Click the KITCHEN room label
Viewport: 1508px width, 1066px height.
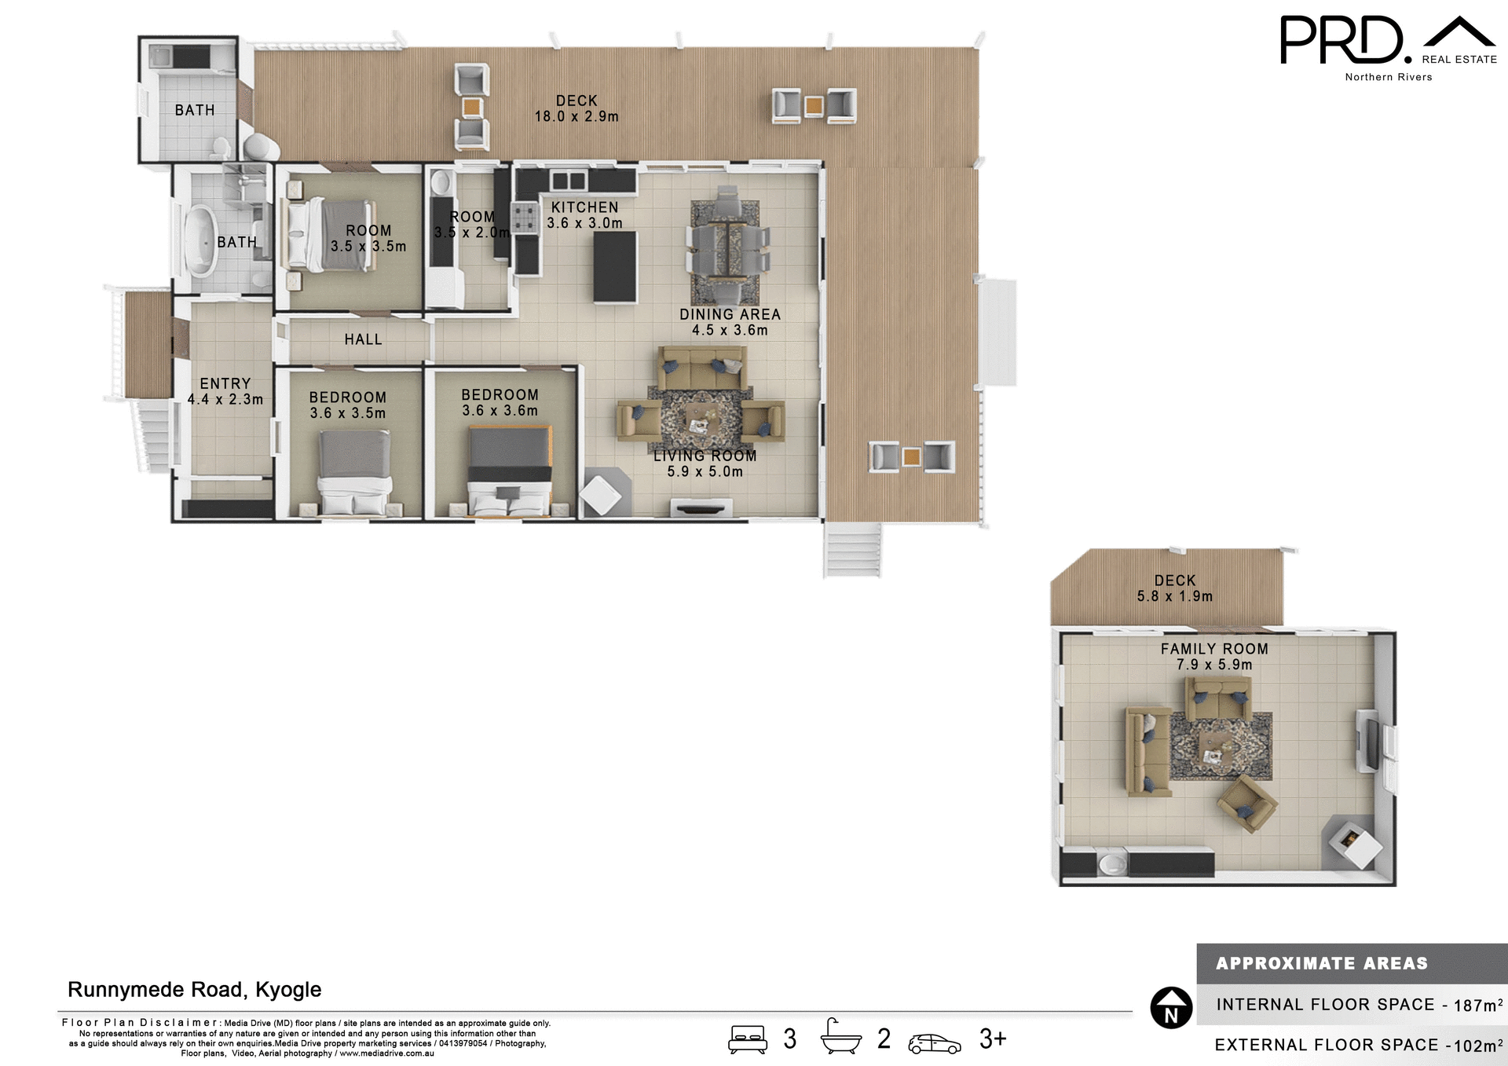coord(584,207)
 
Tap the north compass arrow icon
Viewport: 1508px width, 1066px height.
coord(1171,1007)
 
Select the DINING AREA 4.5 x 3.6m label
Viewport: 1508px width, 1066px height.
coord(730,322)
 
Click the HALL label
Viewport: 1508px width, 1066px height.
coord(363,339)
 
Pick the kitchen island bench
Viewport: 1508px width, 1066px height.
coord(614,266)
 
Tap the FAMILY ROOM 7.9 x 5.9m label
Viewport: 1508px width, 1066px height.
coord(1214,657)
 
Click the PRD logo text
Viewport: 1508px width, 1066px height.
coord(1341,41)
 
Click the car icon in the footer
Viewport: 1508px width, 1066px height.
coord(934,1043)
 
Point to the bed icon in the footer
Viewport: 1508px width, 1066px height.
coord(747,1039)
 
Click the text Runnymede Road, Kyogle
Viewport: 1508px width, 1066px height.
coord(194,989)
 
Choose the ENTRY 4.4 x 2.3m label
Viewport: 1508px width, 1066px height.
coord(225,391)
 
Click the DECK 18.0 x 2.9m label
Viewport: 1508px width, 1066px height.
coord(576,108)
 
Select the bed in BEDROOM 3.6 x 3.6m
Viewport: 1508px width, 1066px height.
coord(510,471)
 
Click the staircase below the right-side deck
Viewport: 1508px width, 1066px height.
coord(853,549)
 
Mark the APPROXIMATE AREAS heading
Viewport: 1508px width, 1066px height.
coord(1321,963)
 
